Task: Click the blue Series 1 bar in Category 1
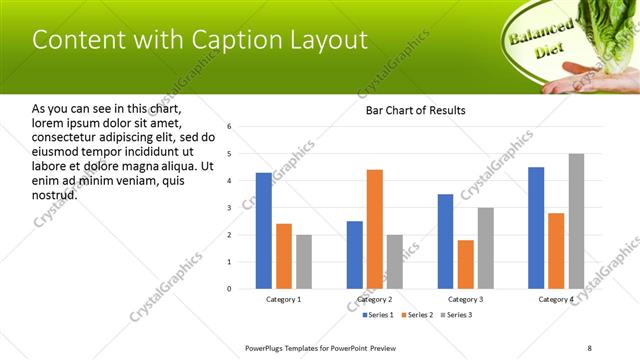tap(263, 230)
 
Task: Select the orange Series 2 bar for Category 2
tap(375, 229)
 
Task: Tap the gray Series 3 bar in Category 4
tap(576, 221)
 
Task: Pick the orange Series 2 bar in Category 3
tap(465, 264)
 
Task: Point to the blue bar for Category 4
tap(536, 228)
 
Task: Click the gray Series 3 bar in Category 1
tap(303, 262)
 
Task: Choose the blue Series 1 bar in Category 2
tap(355, 255)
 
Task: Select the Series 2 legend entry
tap(416, 315)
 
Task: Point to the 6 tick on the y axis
tap(229, 127)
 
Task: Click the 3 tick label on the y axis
tap(229, 208)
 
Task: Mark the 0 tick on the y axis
tap(229, 289)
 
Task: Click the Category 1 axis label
tap(283, 300)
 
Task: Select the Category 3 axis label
tap(465, 300)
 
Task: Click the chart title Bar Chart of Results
tap(415, 110)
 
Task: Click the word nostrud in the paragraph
tap(55, 194)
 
